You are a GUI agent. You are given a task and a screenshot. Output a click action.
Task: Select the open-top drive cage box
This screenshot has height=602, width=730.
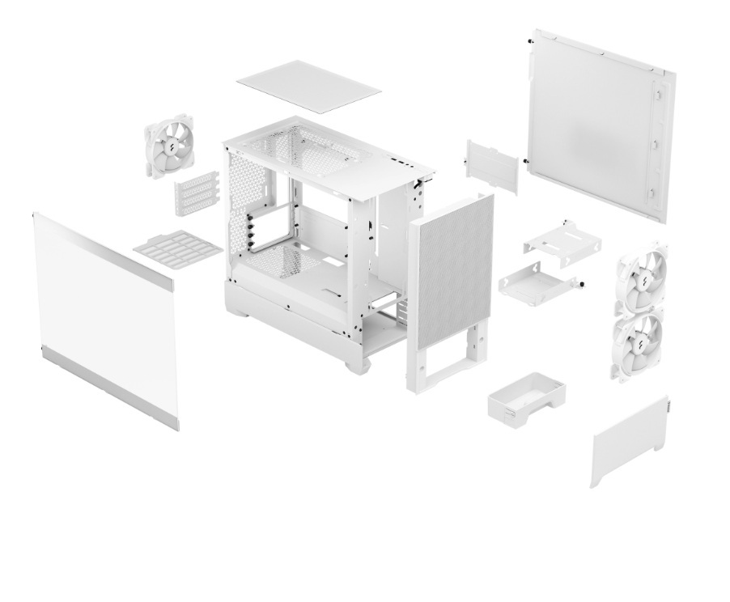pos(526,396)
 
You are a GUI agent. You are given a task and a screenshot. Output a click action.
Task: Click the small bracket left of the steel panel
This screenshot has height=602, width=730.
pos(491,166)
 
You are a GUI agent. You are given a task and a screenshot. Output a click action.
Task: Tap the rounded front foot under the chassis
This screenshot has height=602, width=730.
pos(358,365)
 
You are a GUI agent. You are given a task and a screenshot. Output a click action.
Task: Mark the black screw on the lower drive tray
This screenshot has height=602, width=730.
pos(581,282)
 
